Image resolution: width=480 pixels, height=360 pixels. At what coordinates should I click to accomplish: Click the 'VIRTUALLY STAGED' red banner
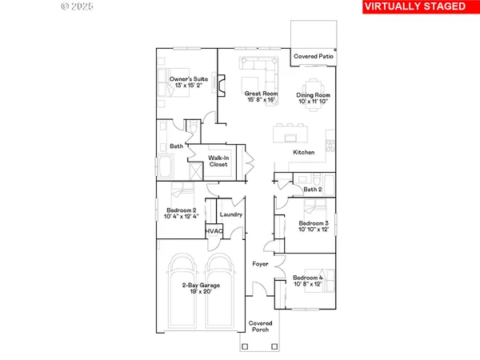[414, 7]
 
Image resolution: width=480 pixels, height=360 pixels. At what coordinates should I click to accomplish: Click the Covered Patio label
[313, 57]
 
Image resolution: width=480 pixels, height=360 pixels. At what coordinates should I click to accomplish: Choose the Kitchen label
[304, 152]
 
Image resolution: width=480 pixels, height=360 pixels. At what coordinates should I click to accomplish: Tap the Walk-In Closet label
[218, 162]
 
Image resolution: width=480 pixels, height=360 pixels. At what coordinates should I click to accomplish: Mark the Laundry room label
[231, 214]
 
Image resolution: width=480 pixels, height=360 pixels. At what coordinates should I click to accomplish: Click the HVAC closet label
[214, 231]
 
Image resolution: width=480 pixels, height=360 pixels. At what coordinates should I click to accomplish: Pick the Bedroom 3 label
[314, 226]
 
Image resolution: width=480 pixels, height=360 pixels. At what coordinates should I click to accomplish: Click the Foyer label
[260, 263]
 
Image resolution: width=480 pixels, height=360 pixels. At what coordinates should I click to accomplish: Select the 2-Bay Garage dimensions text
[200, 292]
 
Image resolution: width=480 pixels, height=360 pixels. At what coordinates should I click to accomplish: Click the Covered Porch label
[260, 326]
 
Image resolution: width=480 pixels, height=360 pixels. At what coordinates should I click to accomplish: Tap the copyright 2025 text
[77, 6]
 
